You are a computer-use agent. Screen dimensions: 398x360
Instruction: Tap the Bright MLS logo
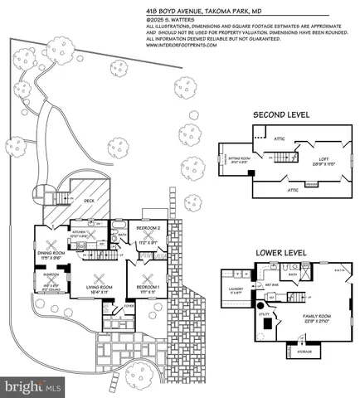pos(33,386)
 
